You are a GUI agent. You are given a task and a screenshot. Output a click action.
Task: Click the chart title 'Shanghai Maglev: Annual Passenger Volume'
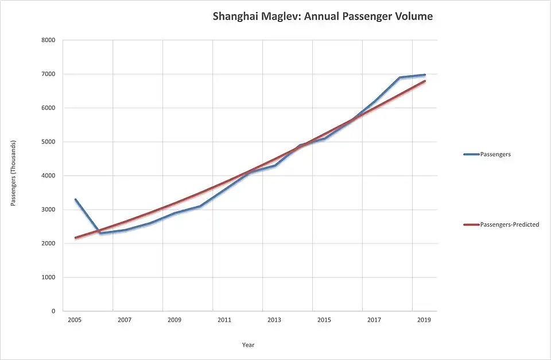coord(323,17)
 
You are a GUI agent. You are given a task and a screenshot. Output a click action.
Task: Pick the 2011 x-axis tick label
coord(224,320)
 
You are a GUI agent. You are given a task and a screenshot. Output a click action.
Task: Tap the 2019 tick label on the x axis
coord(424,320)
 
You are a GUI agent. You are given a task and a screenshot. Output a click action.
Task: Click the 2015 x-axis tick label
coord(324,320)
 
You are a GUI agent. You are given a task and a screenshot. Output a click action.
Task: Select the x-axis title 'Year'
coord(248,345)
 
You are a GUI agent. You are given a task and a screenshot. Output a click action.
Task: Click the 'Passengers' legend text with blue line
coord(495,154)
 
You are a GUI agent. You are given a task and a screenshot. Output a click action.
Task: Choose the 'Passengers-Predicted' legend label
coord(509,224)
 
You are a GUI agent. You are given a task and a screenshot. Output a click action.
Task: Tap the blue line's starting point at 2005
coord(75,200)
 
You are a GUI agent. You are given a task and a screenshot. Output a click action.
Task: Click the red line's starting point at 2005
coord(75,238)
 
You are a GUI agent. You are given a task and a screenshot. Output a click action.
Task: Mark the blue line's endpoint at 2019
coord(425,75)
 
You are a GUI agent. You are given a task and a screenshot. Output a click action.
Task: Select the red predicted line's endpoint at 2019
coord(425,81)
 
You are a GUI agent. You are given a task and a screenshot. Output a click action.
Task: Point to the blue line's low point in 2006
coord(100,233)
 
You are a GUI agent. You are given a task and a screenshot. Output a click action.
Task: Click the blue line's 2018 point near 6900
coord(400,78)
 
